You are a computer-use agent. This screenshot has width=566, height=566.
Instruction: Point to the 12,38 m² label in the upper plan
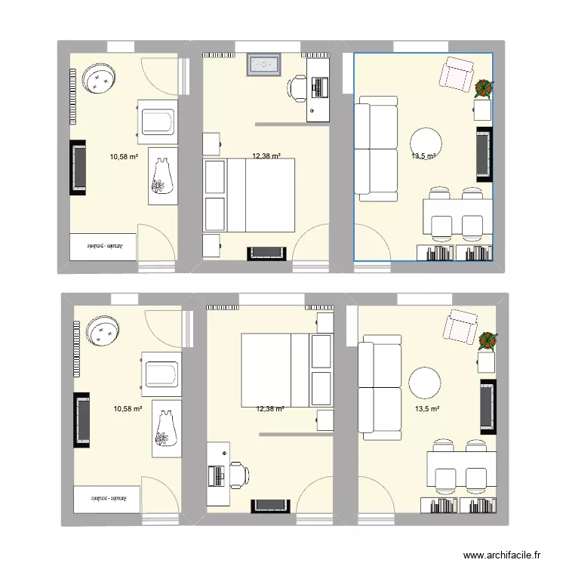point(266,156)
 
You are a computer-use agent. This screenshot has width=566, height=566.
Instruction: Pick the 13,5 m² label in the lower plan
point(426,409)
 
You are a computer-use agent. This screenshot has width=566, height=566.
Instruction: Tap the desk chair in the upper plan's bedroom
point(297,88)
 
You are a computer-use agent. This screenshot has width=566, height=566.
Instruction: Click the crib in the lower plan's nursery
point(160,373)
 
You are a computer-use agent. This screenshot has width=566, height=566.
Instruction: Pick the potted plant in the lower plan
point(488,340)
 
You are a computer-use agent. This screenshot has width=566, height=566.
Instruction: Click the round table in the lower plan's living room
point(425,383)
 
